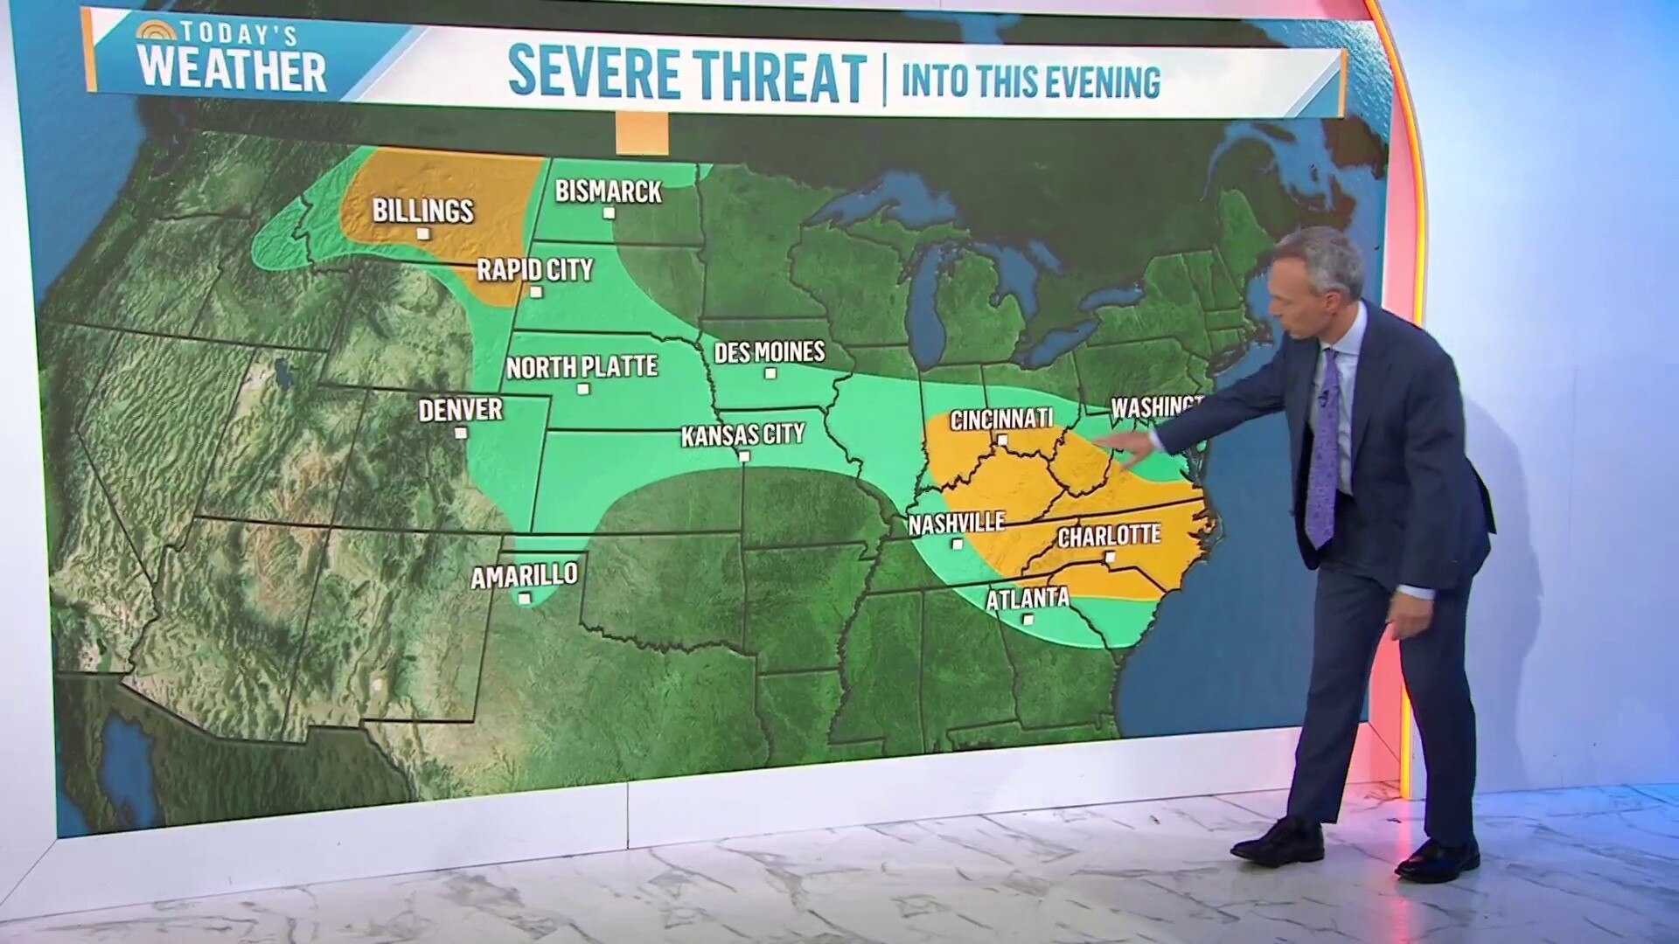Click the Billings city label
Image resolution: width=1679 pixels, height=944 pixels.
422,211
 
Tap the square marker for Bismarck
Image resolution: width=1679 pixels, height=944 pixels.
609,212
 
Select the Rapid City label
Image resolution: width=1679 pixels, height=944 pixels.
534,269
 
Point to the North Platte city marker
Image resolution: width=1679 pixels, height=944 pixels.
583,389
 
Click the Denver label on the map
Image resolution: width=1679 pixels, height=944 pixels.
460,409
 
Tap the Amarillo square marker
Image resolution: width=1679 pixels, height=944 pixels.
524,599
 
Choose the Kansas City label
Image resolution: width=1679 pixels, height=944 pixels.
742,434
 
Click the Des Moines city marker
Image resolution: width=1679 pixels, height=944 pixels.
770,373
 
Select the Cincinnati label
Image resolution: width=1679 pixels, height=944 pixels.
1001,420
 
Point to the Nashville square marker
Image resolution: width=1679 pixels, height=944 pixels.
957,544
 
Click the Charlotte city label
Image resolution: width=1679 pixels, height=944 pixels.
1109,535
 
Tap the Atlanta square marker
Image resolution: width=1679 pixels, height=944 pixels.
1028,619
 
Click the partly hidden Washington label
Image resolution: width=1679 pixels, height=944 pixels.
1155,406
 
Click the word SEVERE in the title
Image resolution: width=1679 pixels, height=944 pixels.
594,74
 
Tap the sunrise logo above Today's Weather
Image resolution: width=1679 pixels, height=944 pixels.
156,31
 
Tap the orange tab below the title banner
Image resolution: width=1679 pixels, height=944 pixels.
642,134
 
